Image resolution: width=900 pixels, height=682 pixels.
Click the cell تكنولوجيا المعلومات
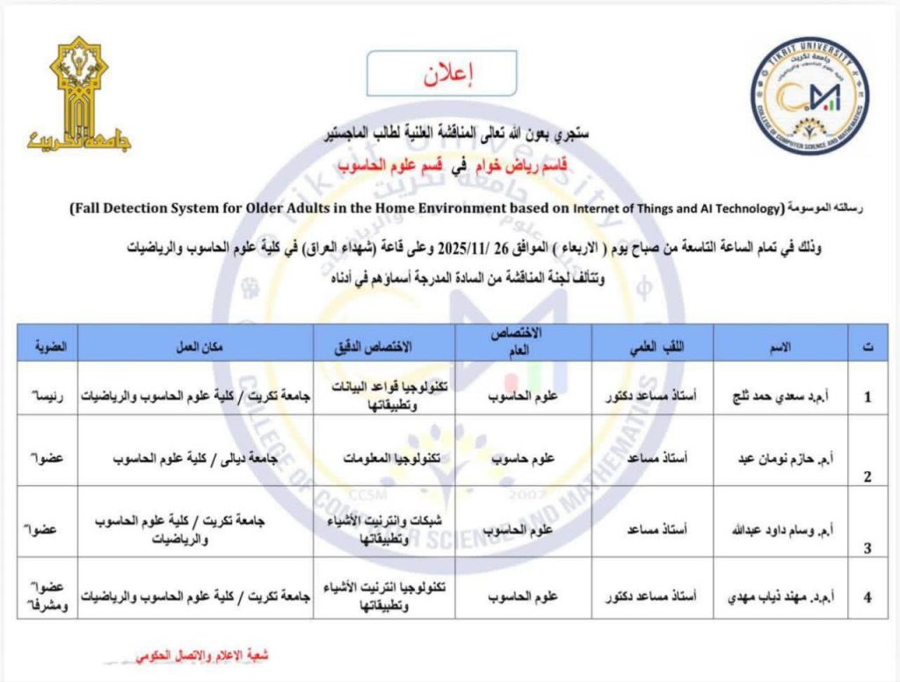[385, 457]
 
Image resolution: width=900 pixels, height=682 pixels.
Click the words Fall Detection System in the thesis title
[150, 209]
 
